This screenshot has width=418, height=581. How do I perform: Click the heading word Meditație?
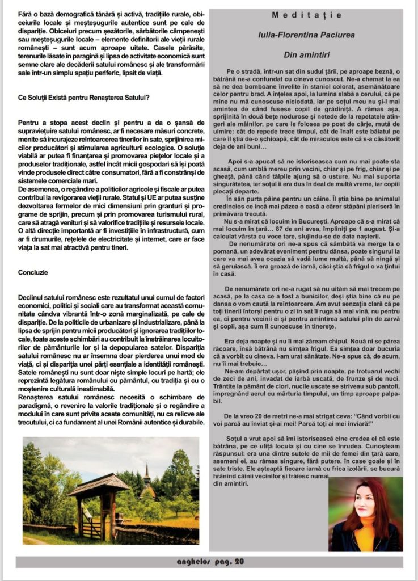pyautogui.click(x=306, y=15)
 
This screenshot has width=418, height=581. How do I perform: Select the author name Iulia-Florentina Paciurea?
pyautogui.click(x=306, y=35)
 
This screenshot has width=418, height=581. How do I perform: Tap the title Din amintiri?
pyautogui.click(x=306, y=54)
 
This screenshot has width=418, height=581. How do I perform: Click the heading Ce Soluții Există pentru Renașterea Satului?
pyautogui.click(x=84, y=97)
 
